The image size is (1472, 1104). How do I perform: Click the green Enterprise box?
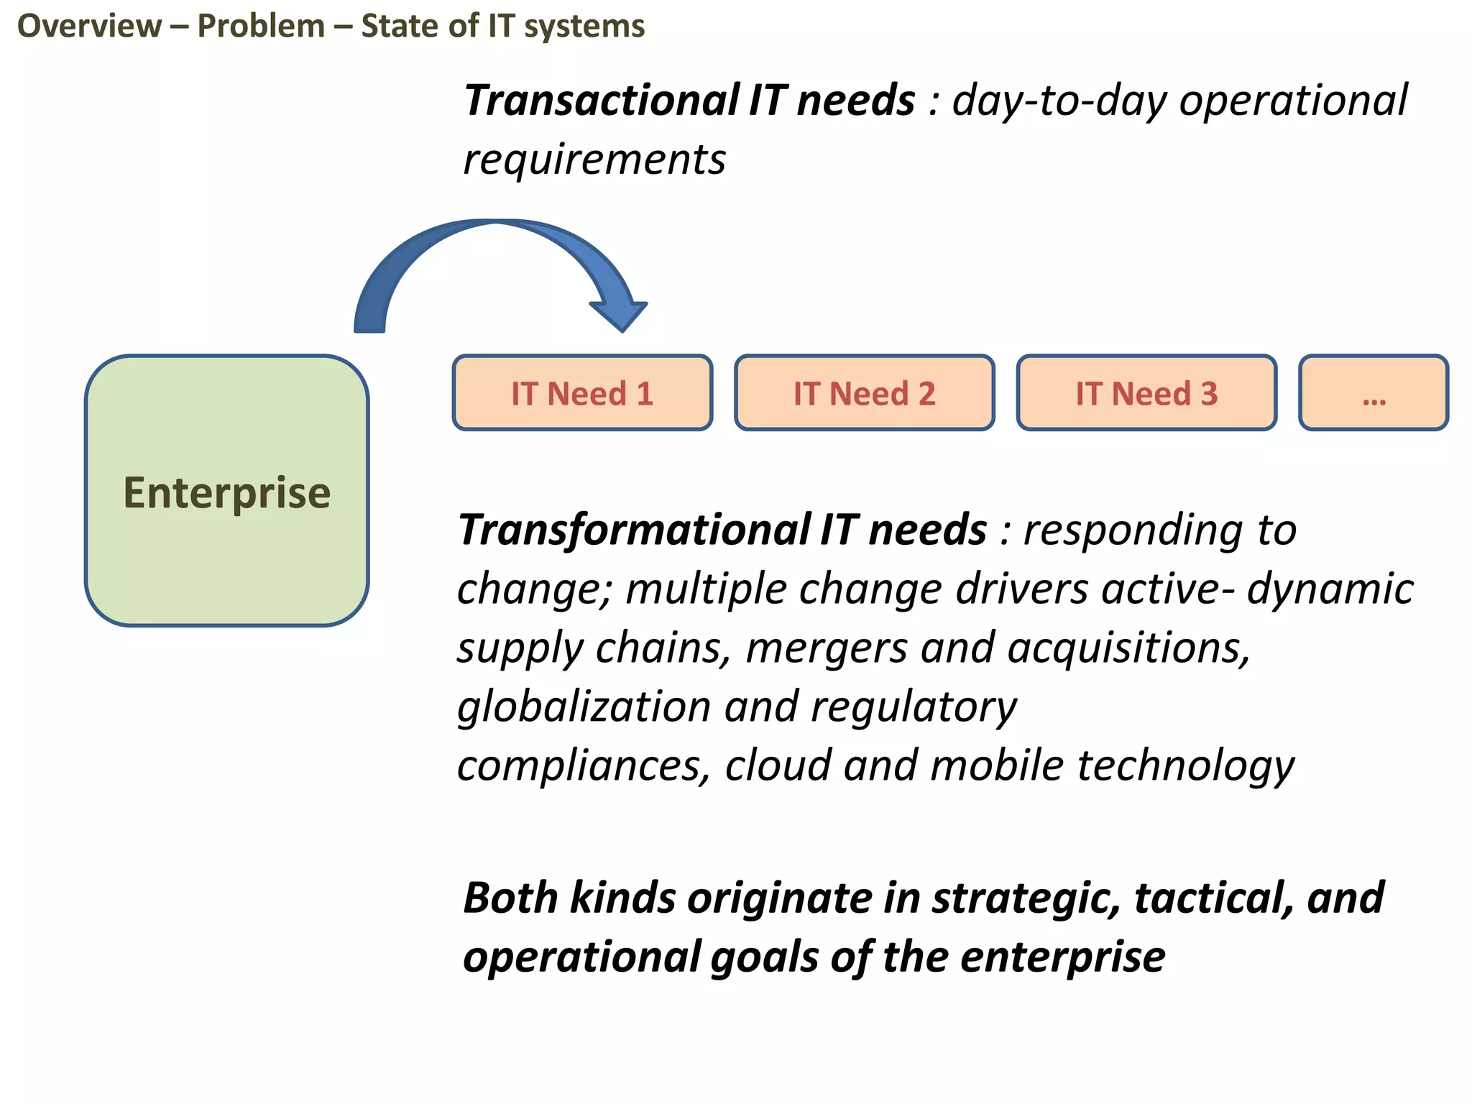pos(226,491)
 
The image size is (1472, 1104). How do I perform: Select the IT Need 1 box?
pos(582,393)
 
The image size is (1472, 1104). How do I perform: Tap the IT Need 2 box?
pos(864,393)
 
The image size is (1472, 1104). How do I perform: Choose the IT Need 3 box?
pos(1146,393)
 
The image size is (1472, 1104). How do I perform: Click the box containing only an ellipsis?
pos(1374,393)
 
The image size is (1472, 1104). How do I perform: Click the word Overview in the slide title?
pos(90,27)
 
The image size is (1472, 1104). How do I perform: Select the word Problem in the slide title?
pos(261,27)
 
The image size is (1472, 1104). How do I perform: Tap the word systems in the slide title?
pos(584,27)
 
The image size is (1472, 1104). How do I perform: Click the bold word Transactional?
pos(600,100)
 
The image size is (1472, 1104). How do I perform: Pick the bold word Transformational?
pos(635,530)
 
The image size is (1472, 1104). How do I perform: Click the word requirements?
pos(594,160)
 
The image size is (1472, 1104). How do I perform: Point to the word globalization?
pos(584,707)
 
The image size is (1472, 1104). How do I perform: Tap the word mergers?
pos(826,648)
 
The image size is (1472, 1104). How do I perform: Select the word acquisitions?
pos(1128,648)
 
